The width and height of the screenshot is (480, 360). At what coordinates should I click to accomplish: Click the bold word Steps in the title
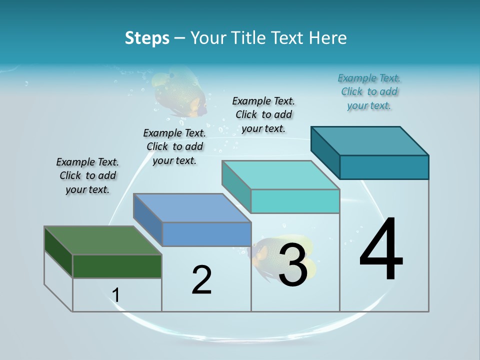(x=147, y=38)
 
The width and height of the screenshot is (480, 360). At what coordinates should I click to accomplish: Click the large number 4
(x=381, y=250)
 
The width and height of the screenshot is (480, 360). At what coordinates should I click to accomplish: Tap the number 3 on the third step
(x=293, y=265)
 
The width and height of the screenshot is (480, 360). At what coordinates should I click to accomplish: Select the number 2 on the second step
(x=201, y=280)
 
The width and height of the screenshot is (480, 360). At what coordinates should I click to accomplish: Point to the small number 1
(x=116, y=295)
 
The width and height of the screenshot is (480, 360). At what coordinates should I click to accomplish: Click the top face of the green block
(x=102, y=240)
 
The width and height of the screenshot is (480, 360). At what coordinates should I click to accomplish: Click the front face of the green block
(x=117, y=266)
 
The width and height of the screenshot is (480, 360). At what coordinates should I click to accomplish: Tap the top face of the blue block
(x=192, y=208)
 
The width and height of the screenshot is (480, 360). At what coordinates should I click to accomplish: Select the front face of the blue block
(x=206, y=234)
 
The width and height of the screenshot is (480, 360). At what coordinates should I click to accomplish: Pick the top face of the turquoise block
(x=280, y=175)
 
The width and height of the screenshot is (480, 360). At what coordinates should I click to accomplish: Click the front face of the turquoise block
(x=295, y=201)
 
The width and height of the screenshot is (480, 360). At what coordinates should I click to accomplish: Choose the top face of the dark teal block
(x=369, y=141)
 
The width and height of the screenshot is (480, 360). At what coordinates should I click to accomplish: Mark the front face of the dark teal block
(x=384, y=167)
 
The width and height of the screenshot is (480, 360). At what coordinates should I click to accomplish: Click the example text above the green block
(x=87, y=175)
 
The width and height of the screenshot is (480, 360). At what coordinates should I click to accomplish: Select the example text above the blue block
(x=174, y=146)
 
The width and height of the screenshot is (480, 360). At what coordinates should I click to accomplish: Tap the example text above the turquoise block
(x=263, y=114)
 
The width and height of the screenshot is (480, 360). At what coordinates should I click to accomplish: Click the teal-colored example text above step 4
(x=369, y=91)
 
